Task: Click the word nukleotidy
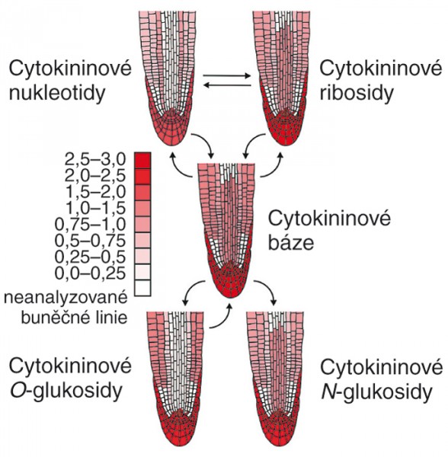tap(57, 93)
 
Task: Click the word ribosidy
tap(357, 93)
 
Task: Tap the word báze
tap(291, 242)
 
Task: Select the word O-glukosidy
tap(66, 391)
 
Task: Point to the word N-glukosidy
tap(376, 392)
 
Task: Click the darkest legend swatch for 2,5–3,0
tap(142, 160)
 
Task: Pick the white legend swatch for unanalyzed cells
tap(142, 288)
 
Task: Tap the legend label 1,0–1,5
tap(96, 208)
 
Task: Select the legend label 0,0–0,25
tap(91, 273)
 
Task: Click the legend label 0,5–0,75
tap(91, 241)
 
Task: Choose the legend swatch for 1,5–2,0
tap(142, 193)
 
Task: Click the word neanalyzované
tap(66, 299)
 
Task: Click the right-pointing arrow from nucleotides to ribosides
tap(227, 76)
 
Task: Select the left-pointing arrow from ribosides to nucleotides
tap(227, 85)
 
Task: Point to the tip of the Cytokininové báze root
tap(230, 298)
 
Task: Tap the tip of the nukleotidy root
tap(172, 145)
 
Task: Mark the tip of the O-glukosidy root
tap(178, 446)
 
